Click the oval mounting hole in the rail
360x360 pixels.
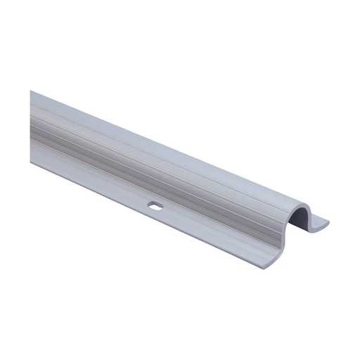(154, 207)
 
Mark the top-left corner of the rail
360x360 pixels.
(31, 91)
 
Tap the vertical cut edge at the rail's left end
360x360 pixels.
(31, 127)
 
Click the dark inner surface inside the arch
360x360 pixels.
(302, 221)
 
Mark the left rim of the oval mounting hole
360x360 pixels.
(148, 206)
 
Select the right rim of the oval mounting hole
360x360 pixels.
(160, 207)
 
